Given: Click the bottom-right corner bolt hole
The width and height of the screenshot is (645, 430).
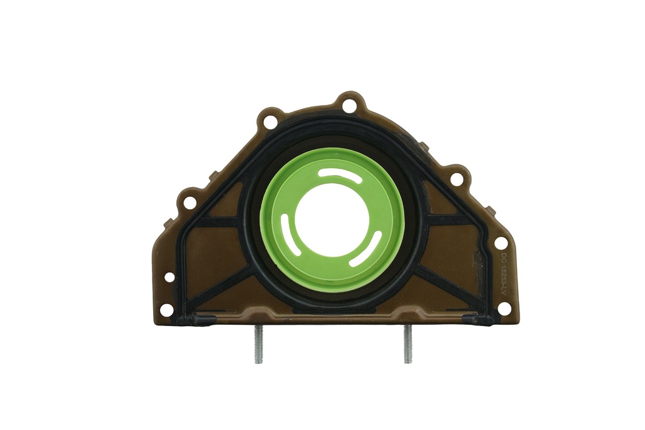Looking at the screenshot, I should click(504, 308).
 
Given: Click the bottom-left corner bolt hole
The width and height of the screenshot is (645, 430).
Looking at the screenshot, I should click(166, 310).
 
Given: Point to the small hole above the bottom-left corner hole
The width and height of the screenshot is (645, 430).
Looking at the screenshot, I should click(169, 277).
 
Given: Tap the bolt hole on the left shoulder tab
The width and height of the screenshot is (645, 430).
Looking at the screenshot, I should click(187, 202).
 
